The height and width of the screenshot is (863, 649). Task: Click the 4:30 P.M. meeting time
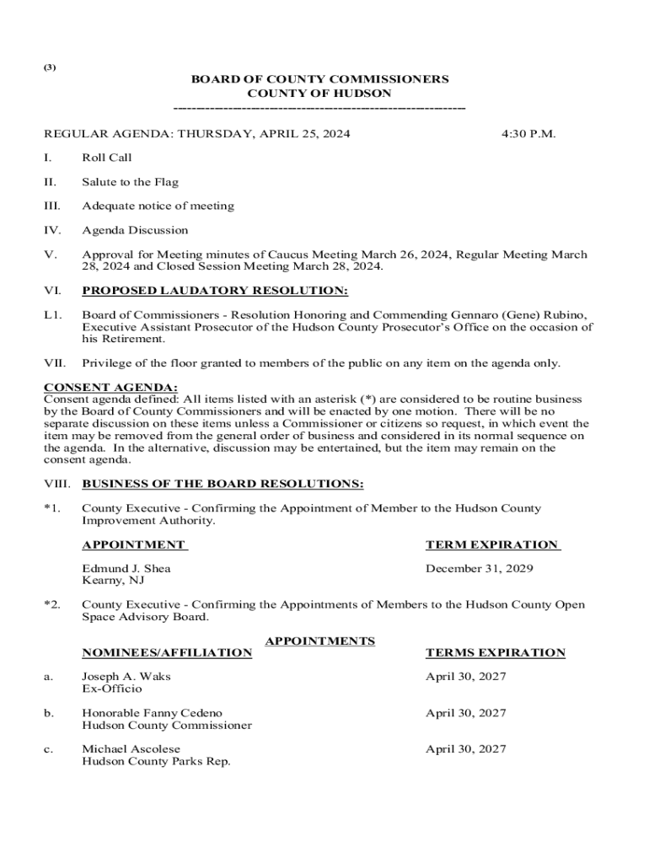(528, 133)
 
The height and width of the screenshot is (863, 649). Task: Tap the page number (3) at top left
(50, 67)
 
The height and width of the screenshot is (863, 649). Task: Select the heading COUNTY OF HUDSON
(319, 94)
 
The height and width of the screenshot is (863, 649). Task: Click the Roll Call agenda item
(107, 158)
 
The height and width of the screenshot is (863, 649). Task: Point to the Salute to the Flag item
(130, 182)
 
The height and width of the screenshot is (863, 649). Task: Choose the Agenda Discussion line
(135, 230)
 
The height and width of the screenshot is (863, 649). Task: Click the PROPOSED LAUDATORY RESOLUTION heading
(215, 291)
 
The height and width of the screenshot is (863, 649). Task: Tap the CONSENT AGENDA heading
(110, 388)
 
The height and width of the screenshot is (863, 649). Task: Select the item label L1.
(52, 315)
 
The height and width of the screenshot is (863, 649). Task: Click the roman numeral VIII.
(56, 484)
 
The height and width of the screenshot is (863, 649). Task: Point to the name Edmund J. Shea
(126, 569)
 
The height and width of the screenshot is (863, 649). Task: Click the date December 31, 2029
(480, 569)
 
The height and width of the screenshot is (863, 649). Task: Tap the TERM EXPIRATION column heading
(492, 545)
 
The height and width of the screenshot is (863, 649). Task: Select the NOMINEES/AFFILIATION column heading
(167, 653)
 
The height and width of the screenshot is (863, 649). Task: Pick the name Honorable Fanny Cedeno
(152, 713)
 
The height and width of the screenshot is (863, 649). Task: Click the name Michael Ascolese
(131, 749)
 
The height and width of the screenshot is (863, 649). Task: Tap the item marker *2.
(52, 605)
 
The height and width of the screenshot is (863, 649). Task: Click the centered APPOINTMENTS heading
(320, 641)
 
